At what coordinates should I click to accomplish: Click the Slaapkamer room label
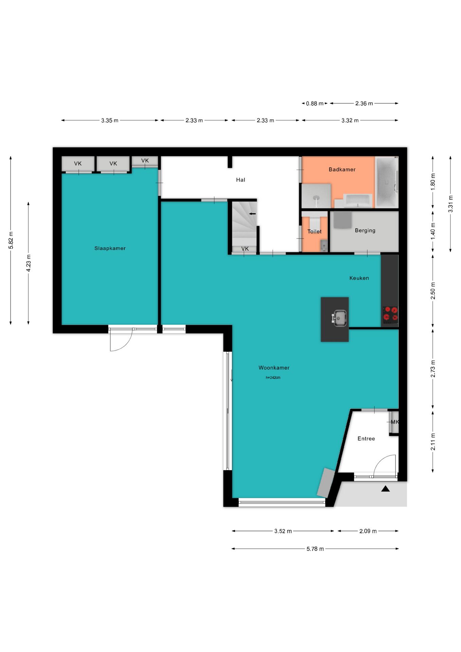point(110,248)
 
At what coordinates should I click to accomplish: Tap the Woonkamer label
point(274,367)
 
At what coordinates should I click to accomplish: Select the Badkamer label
point(342,169)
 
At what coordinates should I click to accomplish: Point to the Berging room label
point(365,230)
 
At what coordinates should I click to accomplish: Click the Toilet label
point(314,231)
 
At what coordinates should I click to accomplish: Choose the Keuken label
point(359,278)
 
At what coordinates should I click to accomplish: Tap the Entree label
point(366,438)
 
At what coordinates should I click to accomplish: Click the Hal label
point(241,180)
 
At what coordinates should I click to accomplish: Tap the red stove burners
point(390,314)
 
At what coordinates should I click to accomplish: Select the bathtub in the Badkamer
point(387,182)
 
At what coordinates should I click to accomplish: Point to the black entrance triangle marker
point(385,489)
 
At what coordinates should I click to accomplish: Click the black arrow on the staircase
point(253,214)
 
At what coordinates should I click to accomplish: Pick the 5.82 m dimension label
point(11,240)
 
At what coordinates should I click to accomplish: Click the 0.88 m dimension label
point(315,104)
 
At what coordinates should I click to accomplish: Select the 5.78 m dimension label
point(315,549)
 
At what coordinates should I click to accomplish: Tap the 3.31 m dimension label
point(450,204)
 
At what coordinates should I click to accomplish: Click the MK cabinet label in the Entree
point(395,422)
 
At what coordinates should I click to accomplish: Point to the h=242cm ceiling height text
point(273,377)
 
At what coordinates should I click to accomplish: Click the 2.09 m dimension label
point(368,531)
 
